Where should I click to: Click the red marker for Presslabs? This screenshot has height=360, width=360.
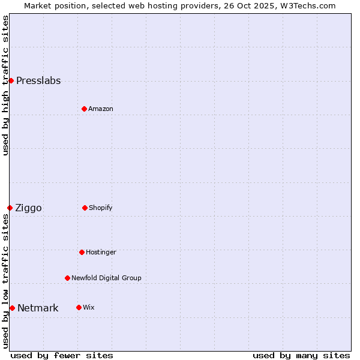pos(11,80)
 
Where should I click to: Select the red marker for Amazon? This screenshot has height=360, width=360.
pos(84,109)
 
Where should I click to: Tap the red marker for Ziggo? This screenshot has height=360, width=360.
pos(10,208)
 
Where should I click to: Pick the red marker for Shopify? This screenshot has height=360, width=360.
pos(85,208)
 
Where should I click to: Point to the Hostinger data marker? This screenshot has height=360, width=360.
pos(82,252)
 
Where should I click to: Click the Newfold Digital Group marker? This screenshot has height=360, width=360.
pos(67,278)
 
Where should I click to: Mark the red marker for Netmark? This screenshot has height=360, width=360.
pos(12,308)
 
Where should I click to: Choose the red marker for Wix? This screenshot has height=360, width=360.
pos(79,307)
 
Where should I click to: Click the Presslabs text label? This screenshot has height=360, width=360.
pos(38,81)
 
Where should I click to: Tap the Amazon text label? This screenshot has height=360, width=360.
pos(101,109)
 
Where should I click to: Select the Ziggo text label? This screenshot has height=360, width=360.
pos(28,208)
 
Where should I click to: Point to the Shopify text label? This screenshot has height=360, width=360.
pos(101,208)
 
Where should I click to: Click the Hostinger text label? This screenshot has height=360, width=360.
pos(101,252)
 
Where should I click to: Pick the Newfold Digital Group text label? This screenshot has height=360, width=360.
pos(106,278)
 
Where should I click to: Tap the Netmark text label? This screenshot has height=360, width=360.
pos(38,308)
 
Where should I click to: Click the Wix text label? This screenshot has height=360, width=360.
pos(88,307)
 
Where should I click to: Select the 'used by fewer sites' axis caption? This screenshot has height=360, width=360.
pos(62,355)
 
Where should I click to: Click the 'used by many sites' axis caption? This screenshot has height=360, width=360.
pos(301,355)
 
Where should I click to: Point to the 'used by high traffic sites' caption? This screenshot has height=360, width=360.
pos(5,85)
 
